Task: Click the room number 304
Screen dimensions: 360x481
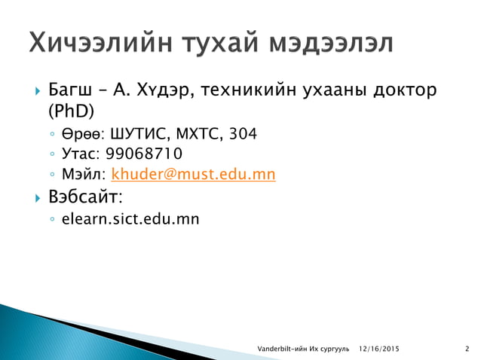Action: point(242,135)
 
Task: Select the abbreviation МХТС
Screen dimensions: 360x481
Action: point(198,135)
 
